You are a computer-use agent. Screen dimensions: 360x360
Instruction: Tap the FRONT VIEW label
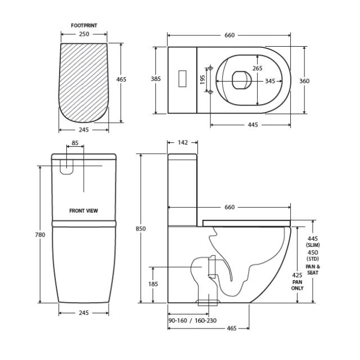tap(84, 211)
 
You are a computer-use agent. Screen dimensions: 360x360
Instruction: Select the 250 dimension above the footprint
tap(83, 35)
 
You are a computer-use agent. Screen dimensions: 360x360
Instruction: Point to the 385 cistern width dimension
tap(156, 79)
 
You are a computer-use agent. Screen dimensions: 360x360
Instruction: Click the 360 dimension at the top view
tap(304, 81)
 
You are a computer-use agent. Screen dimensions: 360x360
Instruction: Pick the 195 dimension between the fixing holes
tap(202, 80)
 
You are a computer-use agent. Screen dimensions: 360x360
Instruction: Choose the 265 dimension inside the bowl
tap(257, 69)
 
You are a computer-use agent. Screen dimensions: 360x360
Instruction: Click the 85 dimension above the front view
tap(75, 143)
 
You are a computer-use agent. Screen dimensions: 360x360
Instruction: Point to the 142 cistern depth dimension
tap(182, 143)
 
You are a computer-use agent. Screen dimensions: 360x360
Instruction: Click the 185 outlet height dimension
tap(154, 285)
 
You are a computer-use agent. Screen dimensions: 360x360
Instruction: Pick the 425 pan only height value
tap(298, 276)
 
